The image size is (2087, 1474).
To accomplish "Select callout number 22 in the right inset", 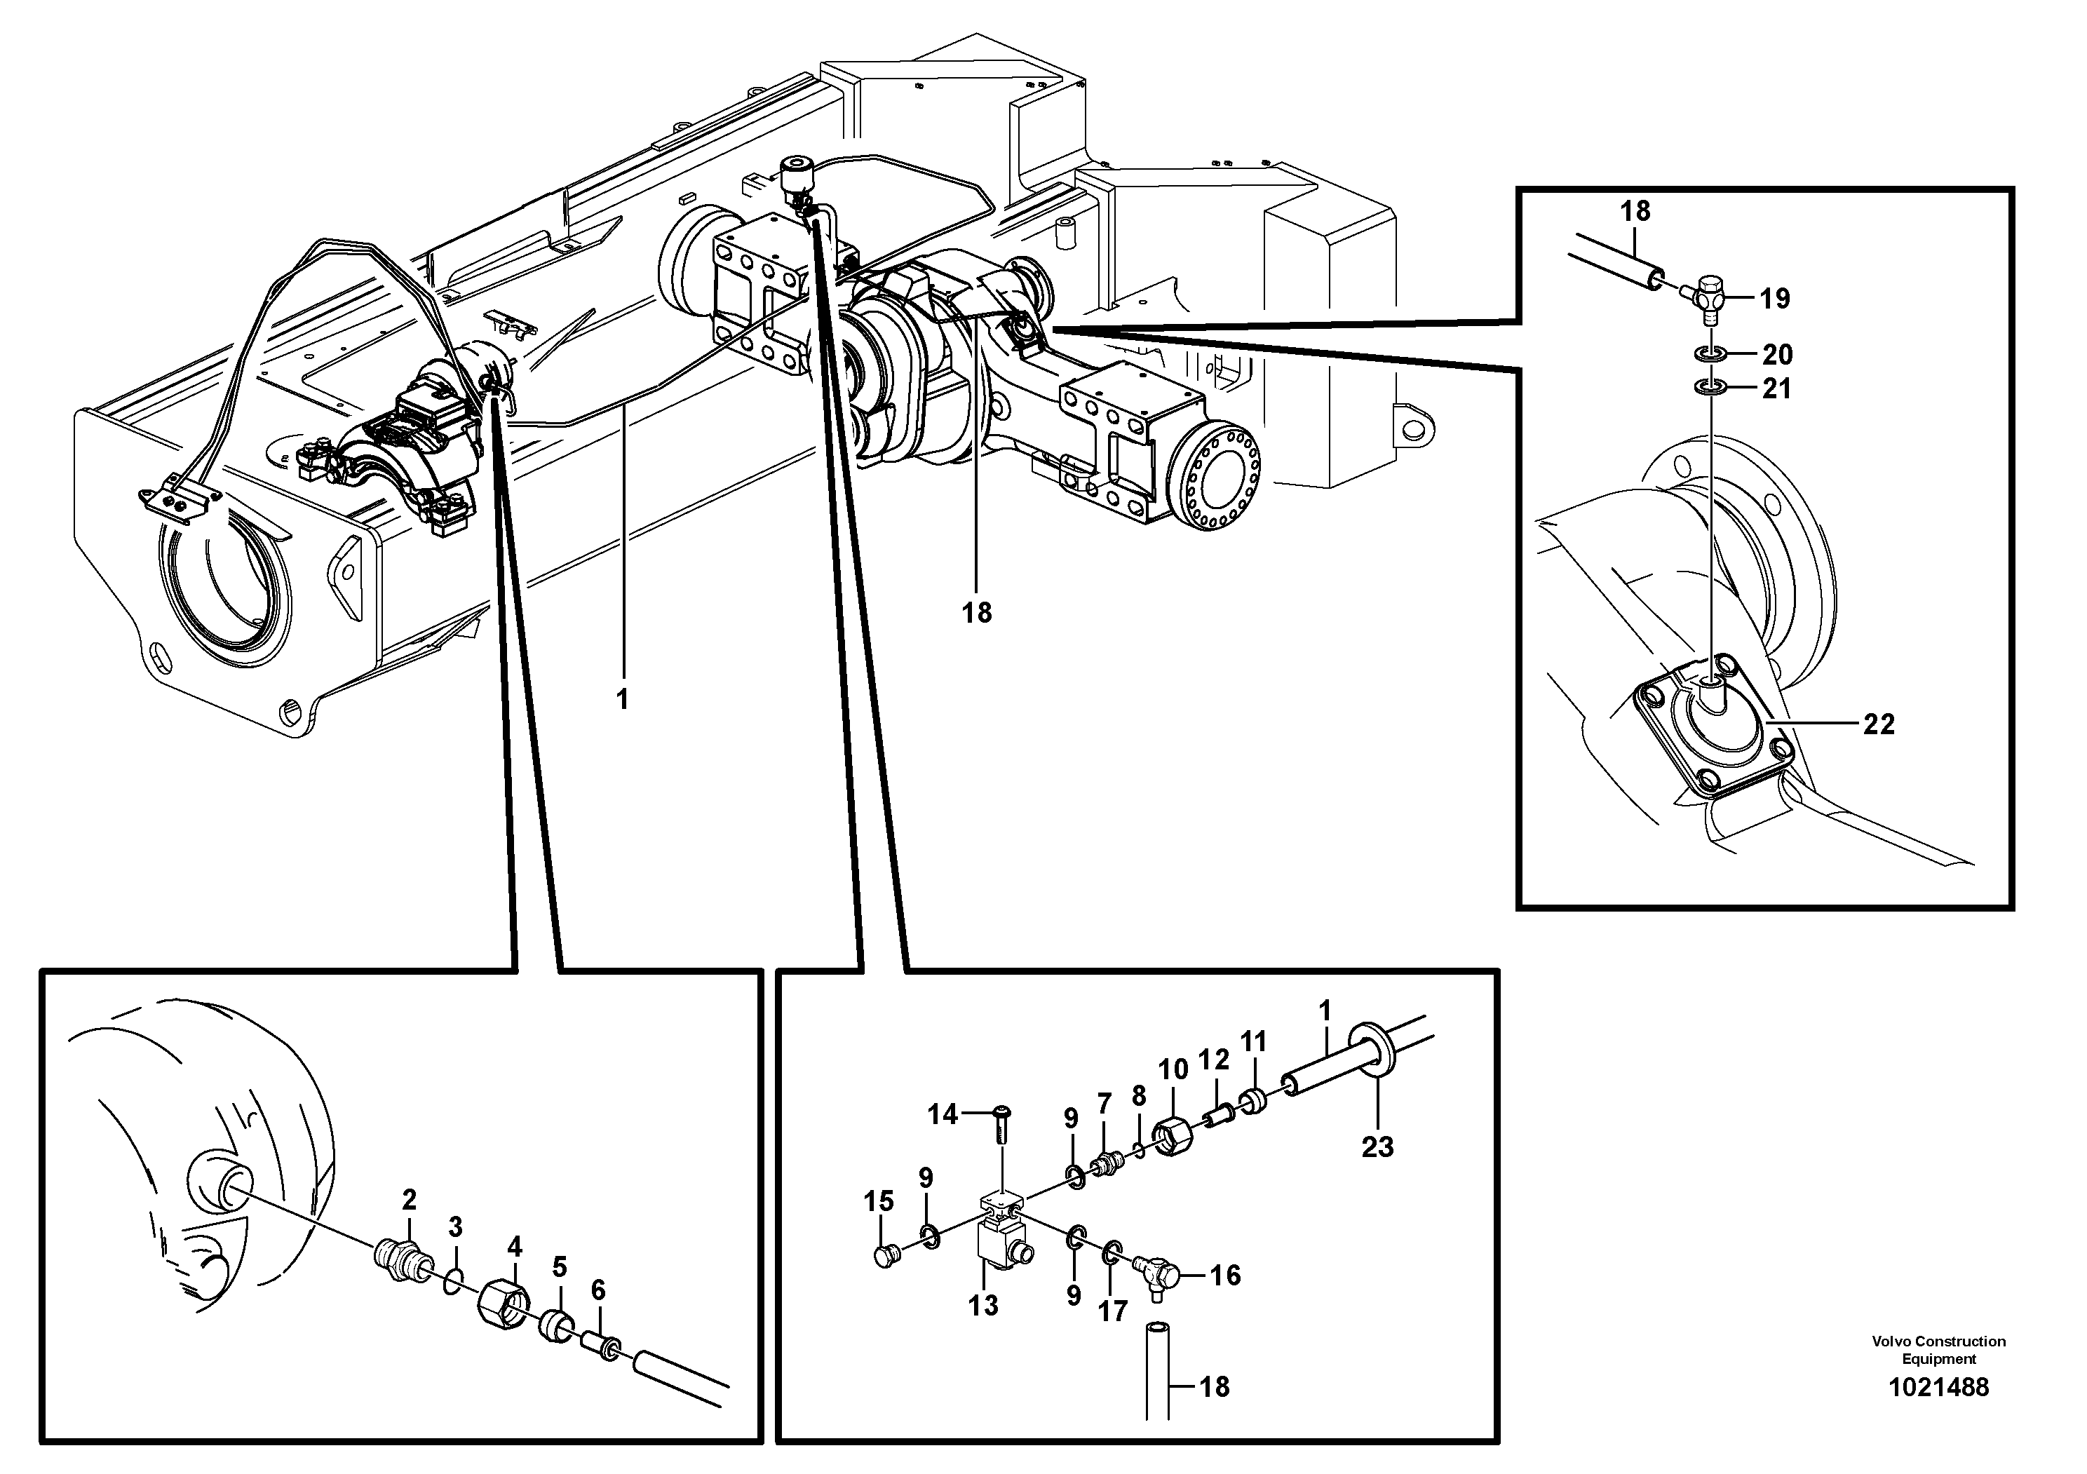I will (1879, 724).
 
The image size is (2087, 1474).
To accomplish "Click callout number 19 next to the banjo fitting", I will (1774, 298).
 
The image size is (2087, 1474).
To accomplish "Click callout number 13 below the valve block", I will (982, 1305).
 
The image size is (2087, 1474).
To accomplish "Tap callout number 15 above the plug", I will (878, 1201).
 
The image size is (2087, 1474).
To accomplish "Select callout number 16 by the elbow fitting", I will (1225, 1275).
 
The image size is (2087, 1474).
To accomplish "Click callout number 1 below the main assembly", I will (622, 700).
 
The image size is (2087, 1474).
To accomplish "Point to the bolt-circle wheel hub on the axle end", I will (1213, 483).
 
